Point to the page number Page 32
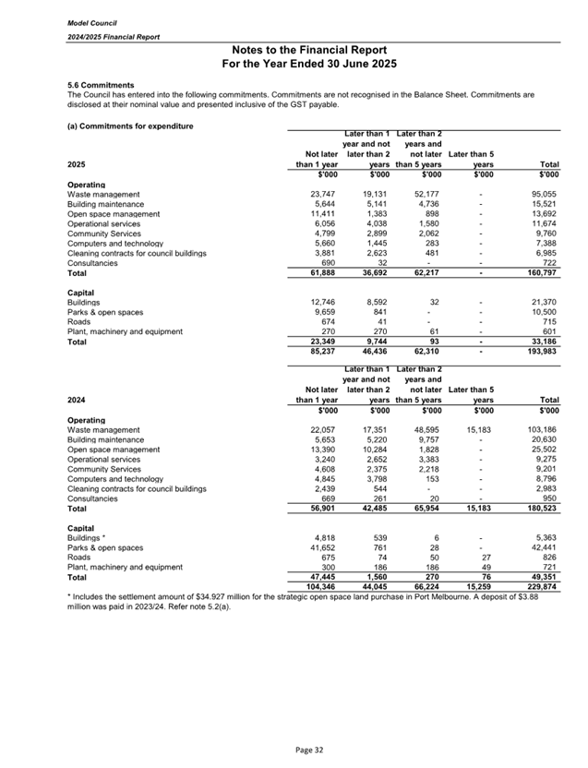click(x=293, y=750)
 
